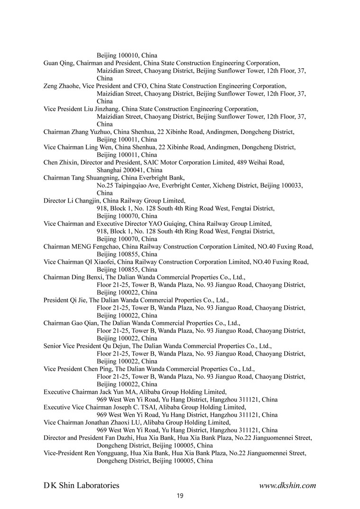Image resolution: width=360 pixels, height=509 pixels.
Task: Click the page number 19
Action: [180, 496]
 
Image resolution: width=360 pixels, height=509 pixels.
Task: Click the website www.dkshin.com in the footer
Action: [288, 485]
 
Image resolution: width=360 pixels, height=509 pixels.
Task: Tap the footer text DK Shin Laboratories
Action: [81, 485]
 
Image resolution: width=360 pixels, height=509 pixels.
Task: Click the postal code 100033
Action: [290, 186]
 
